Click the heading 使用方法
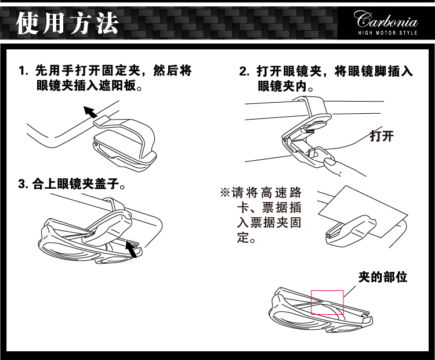[67, 23]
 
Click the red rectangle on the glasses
[328, 302]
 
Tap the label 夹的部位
[382, 277]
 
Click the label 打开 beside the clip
[382, 136]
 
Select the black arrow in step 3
[133, 250]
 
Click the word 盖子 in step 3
[105, 185]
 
